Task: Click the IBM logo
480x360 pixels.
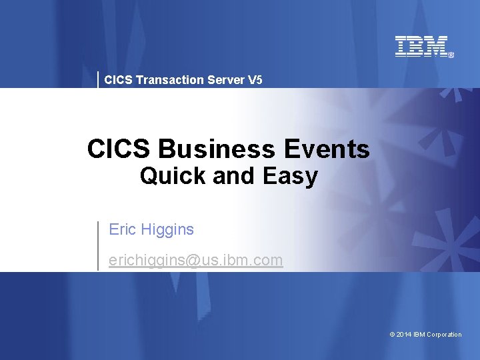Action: point(421,46)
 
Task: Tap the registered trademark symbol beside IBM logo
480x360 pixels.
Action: point(451,55)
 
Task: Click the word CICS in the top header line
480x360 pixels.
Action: point(118,80)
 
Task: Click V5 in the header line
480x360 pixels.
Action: point(255,80)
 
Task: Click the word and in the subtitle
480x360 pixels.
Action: point(232,177)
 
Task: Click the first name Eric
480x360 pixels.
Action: point(122,230)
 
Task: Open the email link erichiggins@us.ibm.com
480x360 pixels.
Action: point(195,260)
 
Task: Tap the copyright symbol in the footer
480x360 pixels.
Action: point(392,335)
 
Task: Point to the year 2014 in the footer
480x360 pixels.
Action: point(404,335)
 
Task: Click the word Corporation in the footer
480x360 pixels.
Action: point(444,335)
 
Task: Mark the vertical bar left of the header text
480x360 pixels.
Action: point(99,79)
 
